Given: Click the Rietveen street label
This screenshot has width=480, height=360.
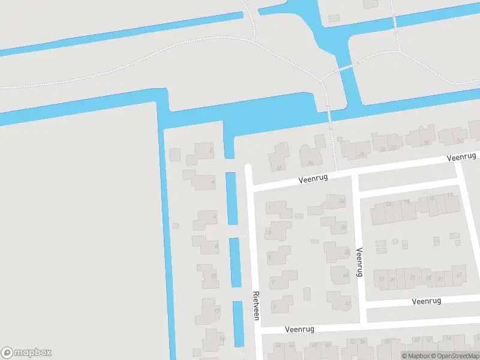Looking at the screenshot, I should point(256,305).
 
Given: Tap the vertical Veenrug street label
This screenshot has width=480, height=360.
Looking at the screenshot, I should point(360,262).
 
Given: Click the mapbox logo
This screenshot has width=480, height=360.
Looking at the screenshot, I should point(26,353).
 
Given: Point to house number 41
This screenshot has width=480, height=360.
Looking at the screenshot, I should point(458,275).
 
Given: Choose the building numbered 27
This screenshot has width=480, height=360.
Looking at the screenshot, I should point(381,279).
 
